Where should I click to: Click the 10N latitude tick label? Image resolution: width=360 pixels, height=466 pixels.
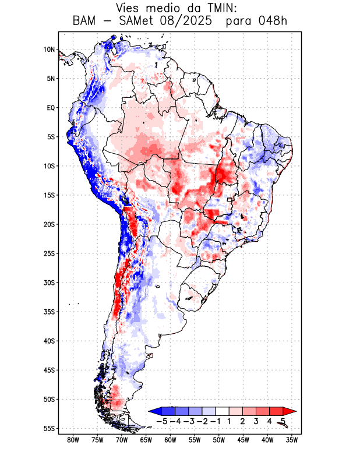(49, 50)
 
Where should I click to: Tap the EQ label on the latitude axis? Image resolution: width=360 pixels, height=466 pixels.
(50, 108)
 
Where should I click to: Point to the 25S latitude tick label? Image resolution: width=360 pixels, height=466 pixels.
(49, 253)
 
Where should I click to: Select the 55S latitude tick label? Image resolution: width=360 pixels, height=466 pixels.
(49, 428)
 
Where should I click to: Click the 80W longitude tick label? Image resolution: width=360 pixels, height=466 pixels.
(73, 440)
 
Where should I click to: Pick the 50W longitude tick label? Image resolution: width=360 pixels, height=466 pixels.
(218, 440)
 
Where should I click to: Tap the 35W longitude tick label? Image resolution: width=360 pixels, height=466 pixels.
(291, 440)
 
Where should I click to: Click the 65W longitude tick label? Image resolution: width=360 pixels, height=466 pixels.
(146, 440)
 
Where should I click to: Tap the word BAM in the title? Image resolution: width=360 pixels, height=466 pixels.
(86, 22)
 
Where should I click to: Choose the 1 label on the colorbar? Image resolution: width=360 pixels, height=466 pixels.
(230, 421)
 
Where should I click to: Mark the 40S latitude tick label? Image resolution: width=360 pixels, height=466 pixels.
(49, 341)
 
